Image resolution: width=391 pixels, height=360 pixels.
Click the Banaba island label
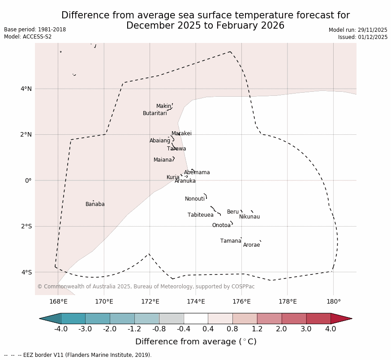(x=95, y=204)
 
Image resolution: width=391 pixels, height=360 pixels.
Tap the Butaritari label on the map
(x=155, y=113)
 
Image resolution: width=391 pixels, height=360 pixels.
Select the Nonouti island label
(x=195, y=199)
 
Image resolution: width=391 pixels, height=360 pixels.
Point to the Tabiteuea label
(x=201, y=215)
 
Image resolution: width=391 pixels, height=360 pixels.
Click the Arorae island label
(x=252, y=245)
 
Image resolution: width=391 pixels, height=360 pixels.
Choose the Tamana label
(x=231, y=241)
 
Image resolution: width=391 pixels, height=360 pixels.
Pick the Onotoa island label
(x=221, y=225)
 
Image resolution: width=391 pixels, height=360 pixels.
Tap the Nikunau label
(x=249, y=217)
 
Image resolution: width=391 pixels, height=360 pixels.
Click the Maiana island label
(x=163, y=160)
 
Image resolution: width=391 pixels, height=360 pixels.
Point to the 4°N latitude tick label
(x=26, y=89)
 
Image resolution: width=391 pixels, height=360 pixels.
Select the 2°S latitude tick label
(x=26, y=226)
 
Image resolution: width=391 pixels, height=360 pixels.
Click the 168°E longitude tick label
(x=58, y=302)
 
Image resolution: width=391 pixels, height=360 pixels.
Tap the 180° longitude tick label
(x=333, y=302)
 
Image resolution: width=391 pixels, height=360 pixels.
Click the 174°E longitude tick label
(x=196, y=302)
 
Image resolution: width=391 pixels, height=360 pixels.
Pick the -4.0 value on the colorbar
(x=61, y=329)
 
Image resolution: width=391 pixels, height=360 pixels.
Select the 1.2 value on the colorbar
(x=257, y=329)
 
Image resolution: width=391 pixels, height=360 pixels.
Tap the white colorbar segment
(x=196, y=318)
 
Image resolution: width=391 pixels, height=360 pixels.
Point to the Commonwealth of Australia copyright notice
(x=146, y=287)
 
